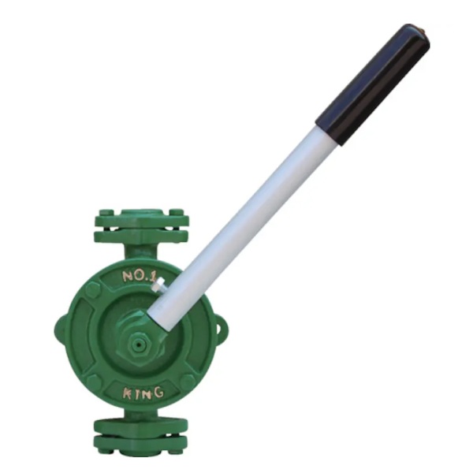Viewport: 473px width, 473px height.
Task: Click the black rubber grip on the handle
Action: [373, 84]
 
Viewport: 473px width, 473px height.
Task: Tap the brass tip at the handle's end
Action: [423, 30]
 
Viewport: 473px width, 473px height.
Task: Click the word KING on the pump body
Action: [143, 393]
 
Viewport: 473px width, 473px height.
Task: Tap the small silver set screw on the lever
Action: [158, 285]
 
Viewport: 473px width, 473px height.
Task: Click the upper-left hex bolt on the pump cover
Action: [93, 290]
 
